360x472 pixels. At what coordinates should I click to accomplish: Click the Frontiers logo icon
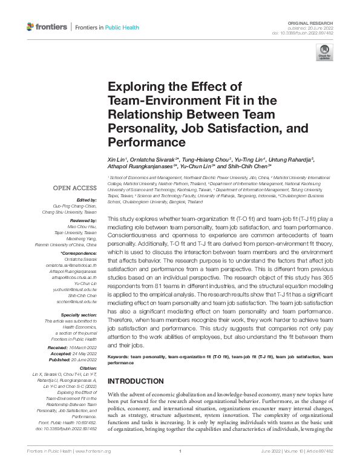pos(31,27)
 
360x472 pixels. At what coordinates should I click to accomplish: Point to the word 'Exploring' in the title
pos(134,87)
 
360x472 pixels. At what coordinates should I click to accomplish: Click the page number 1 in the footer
pos(180,468)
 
